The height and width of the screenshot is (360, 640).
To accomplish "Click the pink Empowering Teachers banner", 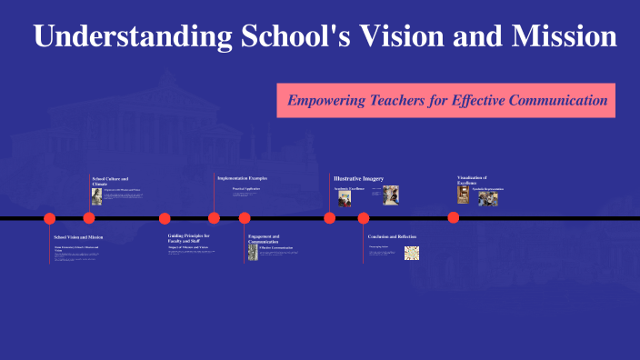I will pyautogui.click(x=446, y=100).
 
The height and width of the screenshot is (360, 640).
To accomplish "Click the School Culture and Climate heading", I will pyautogui.click(x=110, y=181).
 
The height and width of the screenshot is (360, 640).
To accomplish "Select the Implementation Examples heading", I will pyautogui.click(x=242, y=178).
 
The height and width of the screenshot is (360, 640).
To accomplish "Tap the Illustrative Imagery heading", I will pyautogui.click(x=358, y=178).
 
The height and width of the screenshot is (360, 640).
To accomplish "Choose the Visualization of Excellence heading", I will pyautogui.click(x=472, y=179).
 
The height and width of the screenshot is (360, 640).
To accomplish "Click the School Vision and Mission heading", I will pyautogui.click(x=78, y=236).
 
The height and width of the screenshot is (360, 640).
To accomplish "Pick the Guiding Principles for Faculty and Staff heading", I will pyautogui.click(x=188, y=238).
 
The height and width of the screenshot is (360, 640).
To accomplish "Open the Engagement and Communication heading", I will pyautogui.click(x=264, y=238).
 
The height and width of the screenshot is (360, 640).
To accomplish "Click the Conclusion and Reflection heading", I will pyautogui.click(x=392, y=236).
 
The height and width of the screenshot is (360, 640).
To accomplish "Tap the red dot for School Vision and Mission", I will pyautogui.click(x=50, y=218).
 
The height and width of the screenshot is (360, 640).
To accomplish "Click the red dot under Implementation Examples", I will pyautogui.click(x=214, y=218).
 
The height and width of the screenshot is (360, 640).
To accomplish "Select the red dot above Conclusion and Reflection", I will pyautogui.click(x=364, y=218).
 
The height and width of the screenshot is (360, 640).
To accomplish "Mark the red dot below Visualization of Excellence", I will pyautogui.click(x=454, y=218).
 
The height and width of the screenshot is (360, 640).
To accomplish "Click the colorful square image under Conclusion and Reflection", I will pyautogui.click(x=411, y=253).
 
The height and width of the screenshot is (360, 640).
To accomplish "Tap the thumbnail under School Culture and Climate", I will pyautogui.click(x=96, y=196).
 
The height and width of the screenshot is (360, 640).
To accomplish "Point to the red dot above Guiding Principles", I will pyautogui.click(x=165, y=218).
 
